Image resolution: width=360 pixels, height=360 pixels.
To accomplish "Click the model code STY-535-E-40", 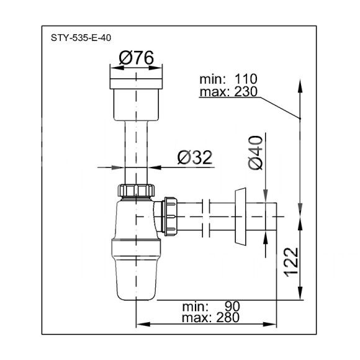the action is [x=81, y=38].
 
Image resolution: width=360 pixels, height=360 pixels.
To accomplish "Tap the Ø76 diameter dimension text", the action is [x=136, y=58].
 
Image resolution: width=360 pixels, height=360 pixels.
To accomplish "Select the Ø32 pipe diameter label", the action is [x=195, y=158].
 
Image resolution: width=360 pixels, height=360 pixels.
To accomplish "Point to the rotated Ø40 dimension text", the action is [x=255, y=153].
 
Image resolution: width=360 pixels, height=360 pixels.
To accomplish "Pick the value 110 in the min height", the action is [x=246, y=79].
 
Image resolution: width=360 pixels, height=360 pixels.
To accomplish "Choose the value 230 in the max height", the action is [x=246, y=92].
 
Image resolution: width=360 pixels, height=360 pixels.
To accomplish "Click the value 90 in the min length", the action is [x=232, y=306].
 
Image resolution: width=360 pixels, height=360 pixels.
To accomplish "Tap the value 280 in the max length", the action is [x=228, y=318].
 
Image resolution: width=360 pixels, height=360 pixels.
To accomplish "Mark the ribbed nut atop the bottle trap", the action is [x=136, y=191].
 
